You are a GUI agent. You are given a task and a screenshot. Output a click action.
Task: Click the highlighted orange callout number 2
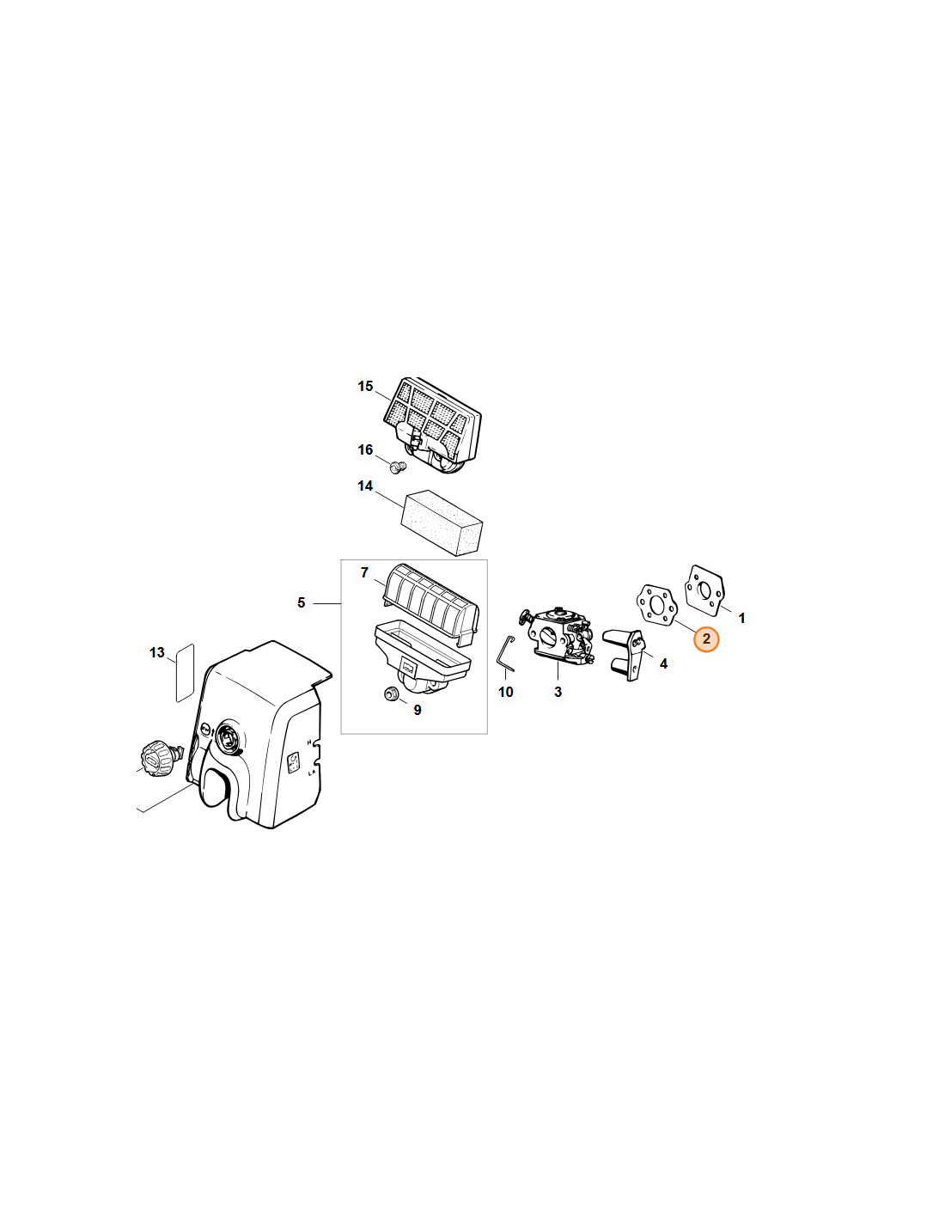click(706, 638)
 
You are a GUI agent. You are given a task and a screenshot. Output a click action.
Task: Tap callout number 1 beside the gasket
click(741, 618)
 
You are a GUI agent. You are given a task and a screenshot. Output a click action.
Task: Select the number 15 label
click(365, 387)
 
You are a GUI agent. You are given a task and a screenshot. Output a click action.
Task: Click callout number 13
click(157, 652)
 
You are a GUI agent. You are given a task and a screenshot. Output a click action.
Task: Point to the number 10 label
click(505, 692)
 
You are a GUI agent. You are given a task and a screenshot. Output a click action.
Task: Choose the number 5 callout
click(302, 603)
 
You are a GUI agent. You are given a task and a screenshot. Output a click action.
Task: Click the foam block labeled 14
click(442, 522)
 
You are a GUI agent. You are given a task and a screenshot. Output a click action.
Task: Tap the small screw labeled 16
click(398, 467)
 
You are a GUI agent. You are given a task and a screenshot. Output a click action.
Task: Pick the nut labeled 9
click(389, 694)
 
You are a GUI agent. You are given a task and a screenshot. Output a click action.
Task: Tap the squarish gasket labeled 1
click(704, 590)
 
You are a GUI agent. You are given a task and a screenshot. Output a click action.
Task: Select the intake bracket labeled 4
click(625, 655)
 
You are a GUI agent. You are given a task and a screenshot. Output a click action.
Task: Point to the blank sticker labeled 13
click(185, 673)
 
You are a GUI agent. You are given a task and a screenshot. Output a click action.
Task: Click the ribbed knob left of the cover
click(155, 759)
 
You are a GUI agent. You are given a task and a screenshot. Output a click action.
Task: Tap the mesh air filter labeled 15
click(431, 426)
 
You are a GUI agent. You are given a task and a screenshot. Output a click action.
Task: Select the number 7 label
click(364, 572)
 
